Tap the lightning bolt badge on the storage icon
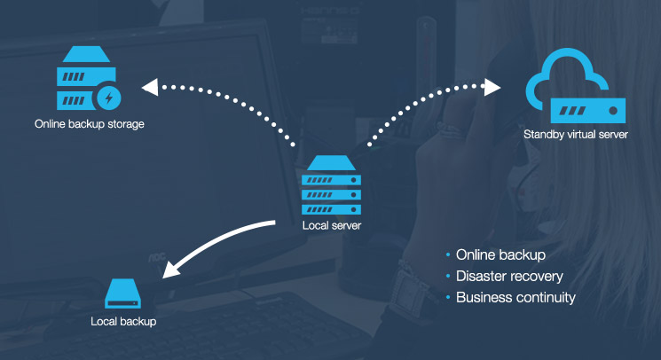109,96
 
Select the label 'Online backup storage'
89,124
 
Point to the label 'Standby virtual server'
575,135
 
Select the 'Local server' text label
332,225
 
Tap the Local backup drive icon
123,293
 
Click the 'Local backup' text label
123,321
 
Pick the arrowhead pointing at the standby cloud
492,87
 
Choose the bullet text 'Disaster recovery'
509,277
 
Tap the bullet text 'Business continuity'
515,297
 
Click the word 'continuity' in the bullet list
546,297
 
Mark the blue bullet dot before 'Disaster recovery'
448,277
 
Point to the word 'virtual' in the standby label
582,135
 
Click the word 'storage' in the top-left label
124,124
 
